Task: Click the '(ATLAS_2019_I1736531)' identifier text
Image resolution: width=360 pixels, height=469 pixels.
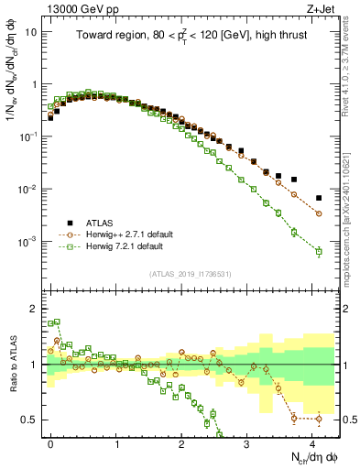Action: pos(189,273)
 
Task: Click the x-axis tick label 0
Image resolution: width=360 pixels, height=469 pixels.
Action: pos(51,441)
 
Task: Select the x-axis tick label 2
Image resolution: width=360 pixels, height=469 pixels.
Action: pos(181,441)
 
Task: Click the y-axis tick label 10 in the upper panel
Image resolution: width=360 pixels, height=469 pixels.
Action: pos(31,31)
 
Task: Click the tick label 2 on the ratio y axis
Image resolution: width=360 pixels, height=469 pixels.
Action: pos(34,309)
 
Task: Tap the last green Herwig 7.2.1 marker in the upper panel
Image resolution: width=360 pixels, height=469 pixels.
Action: pos(319,251)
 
